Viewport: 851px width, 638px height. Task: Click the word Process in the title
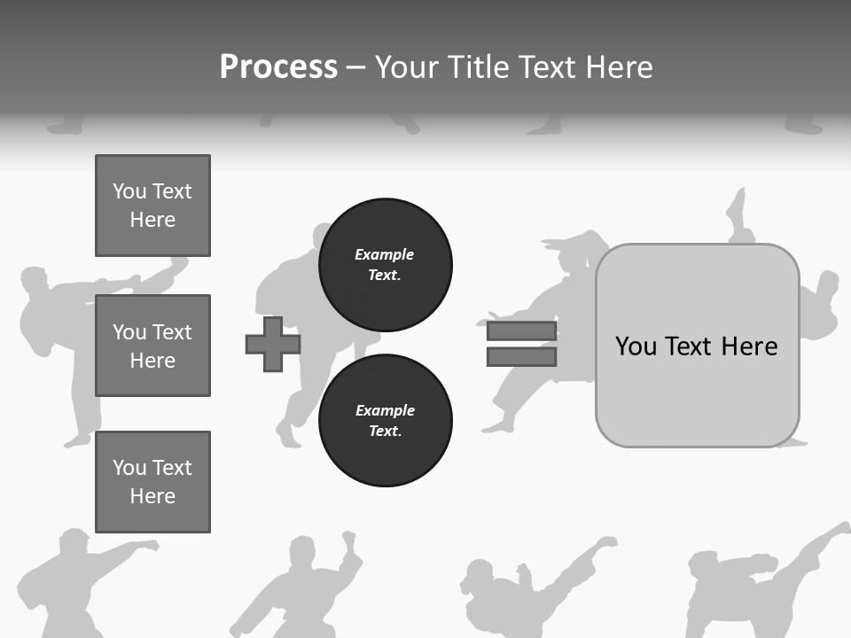point(278,67)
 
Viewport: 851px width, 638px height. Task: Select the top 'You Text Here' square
point(152,206)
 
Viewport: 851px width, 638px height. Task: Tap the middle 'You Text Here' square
point(152,346)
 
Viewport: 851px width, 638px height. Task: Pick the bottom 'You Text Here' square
point(152,481)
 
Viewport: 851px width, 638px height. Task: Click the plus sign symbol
point(273,344)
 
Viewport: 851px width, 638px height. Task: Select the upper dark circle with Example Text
point(385,264)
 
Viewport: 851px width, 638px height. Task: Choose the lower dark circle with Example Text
point(385,420)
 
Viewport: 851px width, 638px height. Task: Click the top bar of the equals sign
point(521,331)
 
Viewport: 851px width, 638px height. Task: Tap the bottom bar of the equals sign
point(521,356)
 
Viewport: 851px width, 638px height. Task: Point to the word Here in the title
point(620,67)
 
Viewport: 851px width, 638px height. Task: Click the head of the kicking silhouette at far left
point(35,280)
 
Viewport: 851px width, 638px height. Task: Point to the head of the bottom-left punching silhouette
point(74,541)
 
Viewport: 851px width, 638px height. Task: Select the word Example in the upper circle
point(384,254)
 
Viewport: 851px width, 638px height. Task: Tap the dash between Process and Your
point(356,67)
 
